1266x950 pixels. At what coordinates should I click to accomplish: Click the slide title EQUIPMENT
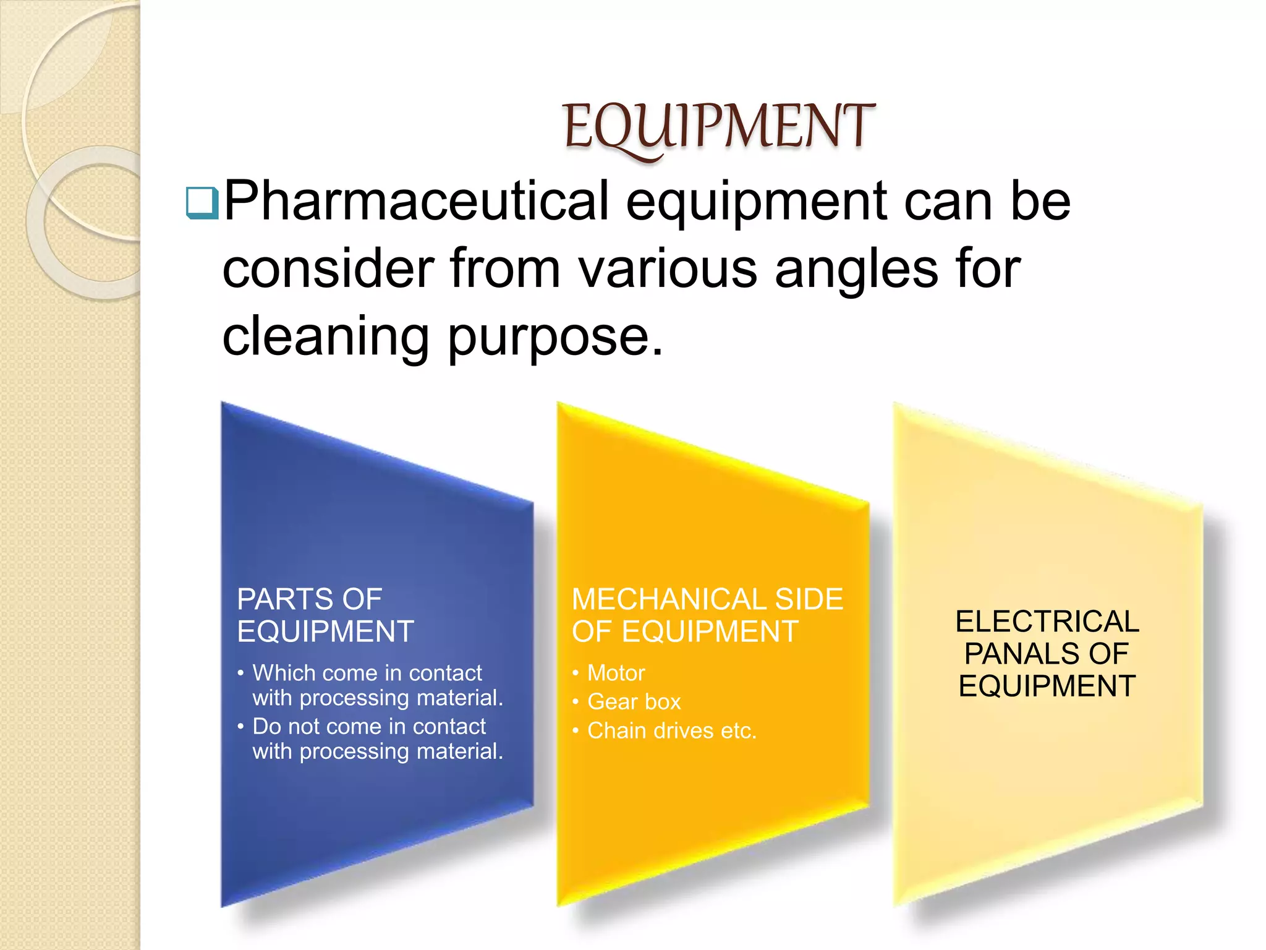(x=719, y=127)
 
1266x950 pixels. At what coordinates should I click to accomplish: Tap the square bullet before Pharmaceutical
(x=202, y=203)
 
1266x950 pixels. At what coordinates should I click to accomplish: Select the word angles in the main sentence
(x=857, y=270)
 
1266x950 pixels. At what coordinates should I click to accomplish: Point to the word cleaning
(x=325, y=338)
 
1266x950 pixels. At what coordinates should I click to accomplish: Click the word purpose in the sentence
(x=554, y=338)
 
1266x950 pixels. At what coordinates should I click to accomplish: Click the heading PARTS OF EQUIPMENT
(x=325, y=615)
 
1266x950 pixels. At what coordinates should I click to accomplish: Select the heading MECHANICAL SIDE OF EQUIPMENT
(x=707, y=615)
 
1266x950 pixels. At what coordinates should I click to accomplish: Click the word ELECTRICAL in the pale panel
(x=1047, y=622)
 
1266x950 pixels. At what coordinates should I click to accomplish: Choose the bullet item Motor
(x=616, y=673)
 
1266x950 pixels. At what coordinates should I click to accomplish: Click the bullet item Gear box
(x=634, y=702)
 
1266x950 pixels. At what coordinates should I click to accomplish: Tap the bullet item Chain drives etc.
(x=671, y=731)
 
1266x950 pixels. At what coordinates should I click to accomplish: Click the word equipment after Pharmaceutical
(x=757, y=202)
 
